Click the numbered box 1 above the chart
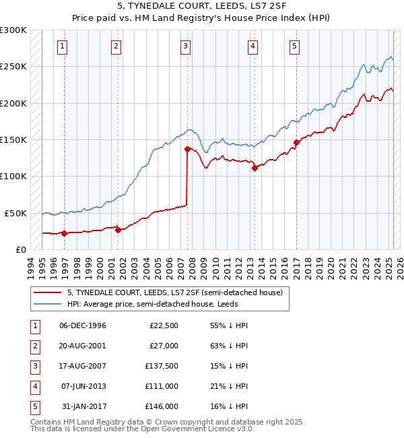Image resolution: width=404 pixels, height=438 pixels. click(x=62, y=46)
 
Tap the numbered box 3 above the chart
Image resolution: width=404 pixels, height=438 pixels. click(x=184, y=46)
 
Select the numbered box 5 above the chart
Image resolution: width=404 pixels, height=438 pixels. click(x=295, y=46)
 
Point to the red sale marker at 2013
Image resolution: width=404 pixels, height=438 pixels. click(x=255, y=168)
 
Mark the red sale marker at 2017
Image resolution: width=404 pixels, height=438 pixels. click(x=296, y=143)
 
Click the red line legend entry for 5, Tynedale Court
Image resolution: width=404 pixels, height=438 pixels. click(x=178, y=292)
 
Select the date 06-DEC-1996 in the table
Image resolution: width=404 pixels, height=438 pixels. click(x=83, y=325)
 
